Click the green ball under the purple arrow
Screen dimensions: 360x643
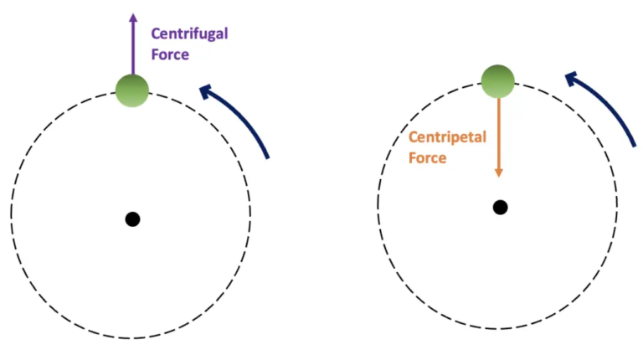click(x=131, y=89)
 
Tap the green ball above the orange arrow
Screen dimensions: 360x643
click(x=498, y=80)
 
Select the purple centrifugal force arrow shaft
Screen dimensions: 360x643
click(x=132, y=46)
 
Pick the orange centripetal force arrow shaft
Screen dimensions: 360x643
click(x=498, y=134)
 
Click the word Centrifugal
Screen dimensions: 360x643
click(x=188, y=34)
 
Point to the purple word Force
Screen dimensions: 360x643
click(x=169, y=55)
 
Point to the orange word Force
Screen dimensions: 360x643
click(x=427, y=157)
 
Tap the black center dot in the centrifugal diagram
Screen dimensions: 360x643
click(x=132, y=219)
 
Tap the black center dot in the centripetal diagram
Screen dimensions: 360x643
click(x=500, y=207)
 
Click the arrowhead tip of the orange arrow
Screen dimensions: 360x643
click(x=498, y=176)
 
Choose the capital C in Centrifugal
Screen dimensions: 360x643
click(x=156, y=34)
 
